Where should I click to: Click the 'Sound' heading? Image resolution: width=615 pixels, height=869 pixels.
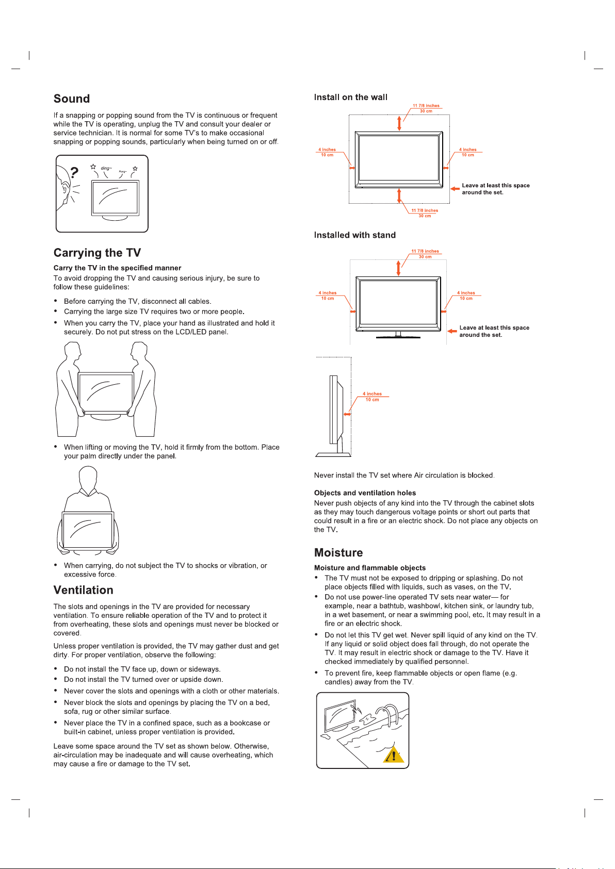pyautogui.click(x=72, y=99)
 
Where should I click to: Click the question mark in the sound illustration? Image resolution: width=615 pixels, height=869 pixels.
pyautogui.click(x=75, y=172)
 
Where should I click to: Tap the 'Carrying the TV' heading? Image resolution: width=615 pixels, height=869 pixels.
pyautogui.click(x=97, y=253)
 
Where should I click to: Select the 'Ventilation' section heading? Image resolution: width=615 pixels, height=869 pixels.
pyautogui.click(x=83, y=590)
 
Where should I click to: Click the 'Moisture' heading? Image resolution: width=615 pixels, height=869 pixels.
pyautogui.click(x=338, y=553)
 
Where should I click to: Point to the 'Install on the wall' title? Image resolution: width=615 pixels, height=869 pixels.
pyautogui.click(x=351, y=97)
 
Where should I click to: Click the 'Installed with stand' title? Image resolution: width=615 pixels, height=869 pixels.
pyautogui.click(x=355, y=235)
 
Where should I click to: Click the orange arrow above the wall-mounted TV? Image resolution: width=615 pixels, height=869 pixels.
pyautogui.click(x=399, y=124)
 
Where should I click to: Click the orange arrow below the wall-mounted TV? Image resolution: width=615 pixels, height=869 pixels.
pyautogui.click(x=399, y=195)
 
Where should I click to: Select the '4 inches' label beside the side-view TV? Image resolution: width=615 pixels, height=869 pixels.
pyautogui.click(x=372, y=394)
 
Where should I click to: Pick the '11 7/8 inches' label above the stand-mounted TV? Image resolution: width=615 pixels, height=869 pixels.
pyautogui.click(x=425, y=251)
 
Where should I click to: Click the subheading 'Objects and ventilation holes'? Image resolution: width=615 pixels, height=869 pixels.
pyautogui.click(x=365, y=493)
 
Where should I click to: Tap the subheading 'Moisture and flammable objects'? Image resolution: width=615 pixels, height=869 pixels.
pyautogui.click(x=370, y=568)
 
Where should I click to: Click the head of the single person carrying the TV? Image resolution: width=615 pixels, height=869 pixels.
pyautogui.click(x=88, y=477)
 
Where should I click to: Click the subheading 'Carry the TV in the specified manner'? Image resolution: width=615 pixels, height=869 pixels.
pyautogui.click(x=117, y=268)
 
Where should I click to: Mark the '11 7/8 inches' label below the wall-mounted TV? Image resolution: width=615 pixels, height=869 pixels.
pyautogui.click(x=425, y=210)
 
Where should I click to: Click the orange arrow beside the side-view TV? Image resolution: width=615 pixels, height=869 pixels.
pyautogui.click(x=348, y=414)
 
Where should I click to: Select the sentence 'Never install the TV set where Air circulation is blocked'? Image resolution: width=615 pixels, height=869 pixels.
pyautogui.click(x=404, y=476)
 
